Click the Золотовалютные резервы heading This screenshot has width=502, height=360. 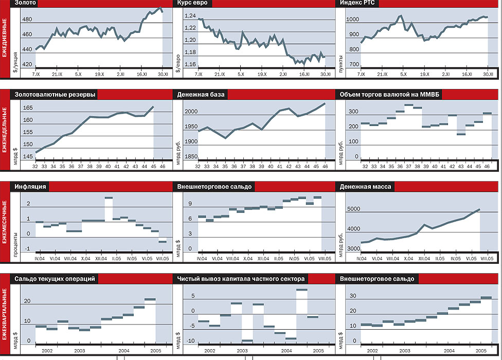(x=55, y=95)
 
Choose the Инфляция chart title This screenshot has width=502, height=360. (x=31, y=186)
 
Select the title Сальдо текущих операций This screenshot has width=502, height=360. (x=55, y=279)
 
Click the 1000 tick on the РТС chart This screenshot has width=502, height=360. (x=353, y=20)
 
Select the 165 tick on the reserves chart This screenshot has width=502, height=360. (x=28, y=108)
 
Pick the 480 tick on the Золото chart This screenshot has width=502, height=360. (x=27, y=20)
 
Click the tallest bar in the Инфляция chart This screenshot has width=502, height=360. (x=109, y=197)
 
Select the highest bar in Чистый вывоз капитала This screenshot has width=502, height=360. (x=301, y=290)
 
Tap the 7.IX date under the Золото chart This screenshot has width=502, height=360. (x=36, y=75)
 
